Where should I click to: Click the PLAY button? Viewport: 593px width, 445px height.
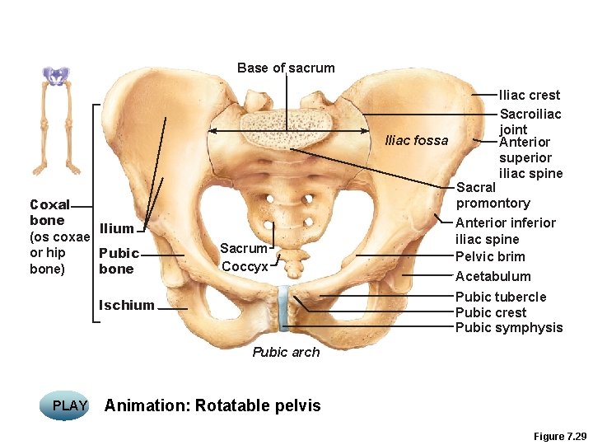click(70, 405)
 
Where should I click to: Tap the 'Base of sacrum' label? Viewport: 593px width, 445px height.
click(286, 68)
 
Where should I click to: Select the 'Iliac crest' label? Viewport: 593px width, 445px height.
click(530, 95)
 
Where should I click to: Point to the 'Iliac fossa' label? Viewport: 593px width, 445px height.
click(417, 140)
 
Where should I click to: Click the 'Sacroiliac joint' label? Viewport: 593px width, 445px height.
click(530, 121)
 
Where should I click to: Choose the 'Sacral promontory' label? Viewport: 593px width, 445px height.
click(493, 195)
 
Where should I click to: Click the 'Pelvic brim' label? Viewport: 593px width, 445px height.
click(490, 256)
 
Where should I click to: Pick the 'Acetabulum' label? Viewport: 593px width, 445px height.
click(493, 276)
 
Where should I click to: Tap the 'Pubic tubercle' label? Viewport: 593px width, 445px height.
click(500, 297)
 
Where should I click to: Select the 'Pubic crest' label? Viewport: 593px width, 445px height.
click(491, 312)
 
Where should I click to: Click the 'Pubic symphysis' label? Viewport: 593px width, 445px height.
click(508, 327)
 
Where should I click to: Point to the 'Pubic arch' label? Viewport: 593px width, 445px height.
click(286, 352)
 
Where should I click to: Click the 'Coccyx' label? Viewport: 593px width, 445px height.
click(245, 266)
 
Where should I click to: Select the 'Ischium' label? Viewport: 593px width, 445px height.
click(126, 305)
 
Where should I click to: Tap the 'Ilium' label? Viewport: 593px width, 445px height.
click(116, 228)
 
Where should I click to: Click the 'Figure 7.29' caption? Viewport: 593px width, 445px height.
click(558, 436)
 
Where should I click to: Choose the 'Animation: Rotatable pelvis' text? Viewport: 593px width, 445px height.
click(212, 405)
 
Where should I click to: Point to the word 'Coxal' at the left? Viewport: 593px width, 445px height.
click(49, 204)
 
